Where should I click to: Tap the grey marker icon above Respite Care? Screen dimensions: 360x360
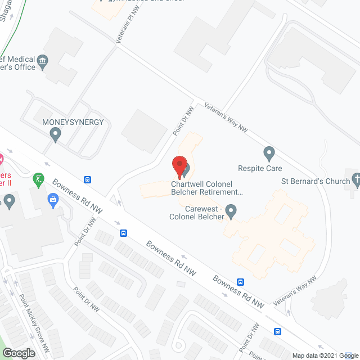[269, 152]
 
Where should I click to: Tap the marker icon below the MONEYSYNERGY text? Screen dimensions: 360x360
[55, 134]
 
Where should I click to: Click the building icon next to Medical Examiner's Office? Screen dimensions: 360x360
[42, 61]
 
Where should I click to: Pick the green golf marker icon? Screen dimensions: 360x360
[39, 180]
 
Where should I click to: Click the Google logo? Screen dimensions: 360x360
[18, 353]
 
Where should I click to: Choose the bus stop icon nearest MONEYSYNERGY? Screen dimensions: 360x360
[88, 180]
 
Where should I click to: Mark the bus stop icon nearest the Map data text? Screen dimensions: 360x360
[277, 331]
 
